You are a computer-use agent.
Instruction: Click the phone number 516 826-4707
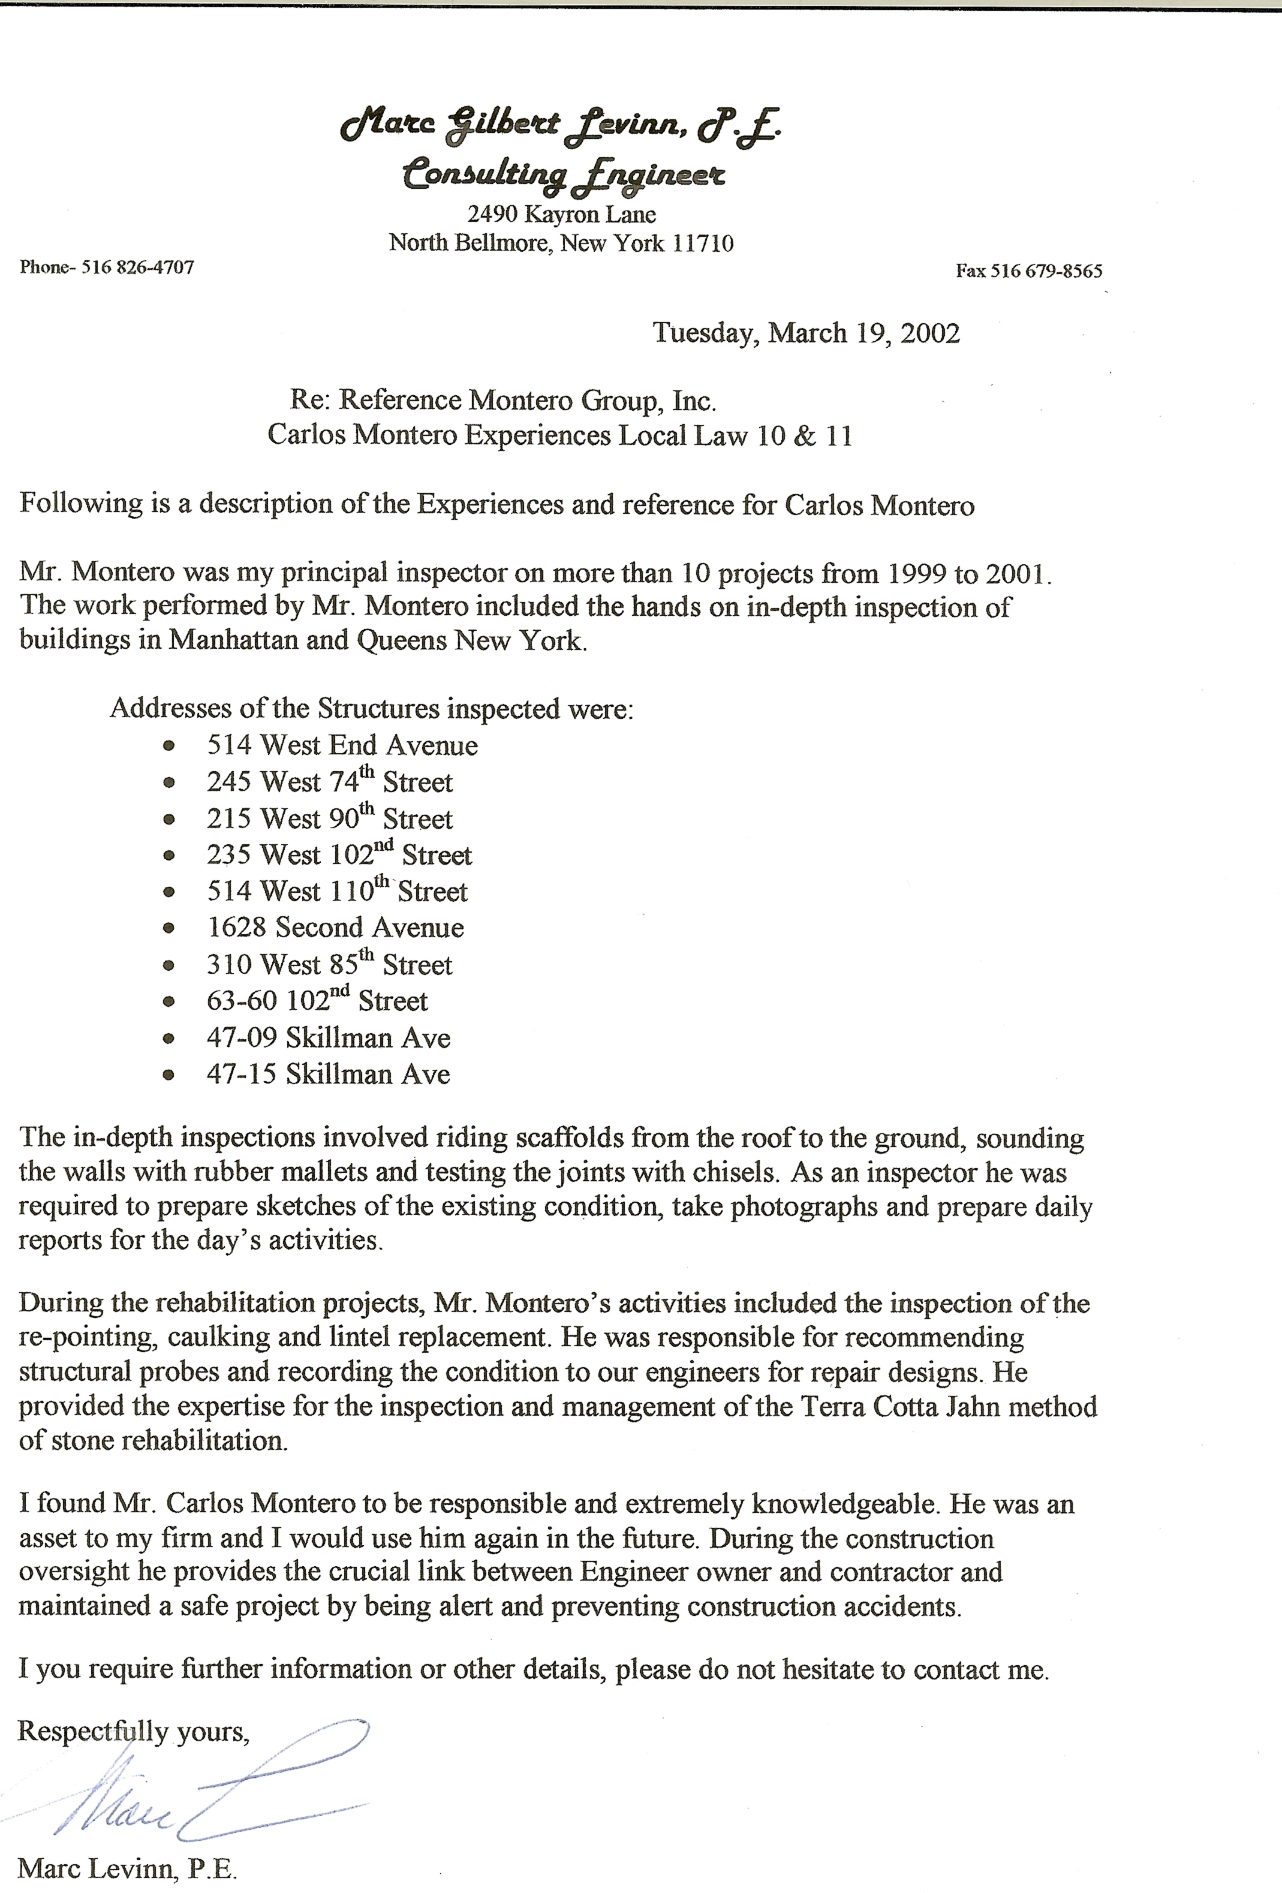[138, 267]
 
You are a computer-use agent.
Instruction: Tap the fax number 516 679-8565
[1046, 271]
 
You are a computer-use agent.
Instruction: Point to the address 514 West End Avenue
[342, 745]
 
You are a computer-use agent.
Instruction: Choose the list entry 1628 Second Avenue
[335, 928]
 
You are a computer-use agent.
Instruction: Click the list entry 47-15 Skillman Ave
[328, 1075]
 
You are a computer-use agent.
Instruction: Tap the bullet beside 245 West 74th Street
[168, 783]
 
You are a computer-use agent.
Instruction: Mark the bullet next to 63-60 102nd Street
[168, 1002]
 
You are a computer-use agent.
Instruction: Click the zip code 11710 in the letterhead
[703, 243]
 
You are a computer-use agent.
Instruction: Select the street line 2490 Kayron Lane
[561, 214]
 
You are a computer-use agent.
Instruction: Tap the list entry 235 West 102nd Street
[339, 855]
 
